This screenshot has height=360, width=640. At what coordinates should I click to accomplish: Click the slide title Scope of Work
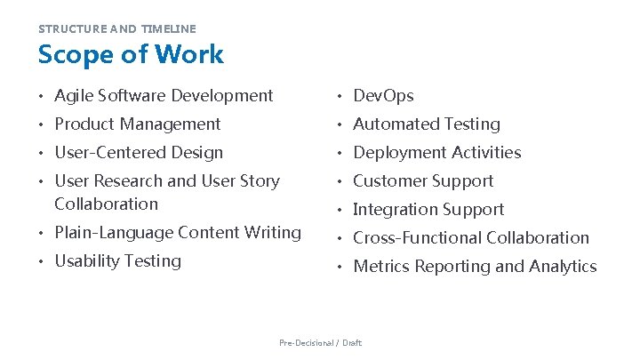point(131,54)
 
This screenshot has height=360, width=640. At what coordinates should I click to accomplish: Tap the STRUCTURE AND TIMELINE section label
point(116,28)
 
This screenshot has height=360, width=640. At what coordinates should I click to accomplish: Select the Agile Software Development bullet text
point(164,96)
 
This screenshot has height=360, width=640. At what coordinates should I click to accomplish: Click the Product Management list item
point(137,124)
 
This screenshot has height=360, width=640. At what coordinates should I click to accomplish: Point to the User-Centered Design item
point(139,153)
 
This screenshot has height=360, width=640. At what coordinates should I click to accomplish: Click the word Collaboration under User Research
point(106,204)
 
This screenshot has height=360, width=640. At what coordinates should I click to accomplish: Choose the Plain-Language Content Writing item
point(178,233)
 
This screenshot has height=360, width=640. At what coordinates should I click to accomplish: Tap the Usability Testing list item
point(117,261)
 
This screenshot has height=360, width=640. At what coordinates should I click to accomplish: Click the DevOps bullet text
point(383,96)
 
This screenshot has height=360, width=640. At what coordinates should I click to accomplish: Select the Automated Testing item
point(427,124)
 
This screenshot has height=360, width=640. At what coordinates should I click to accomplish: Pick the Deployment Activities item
point(436,153)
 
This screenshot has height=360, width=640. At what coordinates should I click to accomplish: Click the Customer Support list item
point(423,181)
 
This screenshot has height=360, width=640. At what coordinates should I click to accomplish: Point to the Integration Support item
point(428,210)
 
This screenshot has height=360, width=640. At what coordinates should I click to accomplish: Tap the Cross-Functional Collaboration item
point(471,238)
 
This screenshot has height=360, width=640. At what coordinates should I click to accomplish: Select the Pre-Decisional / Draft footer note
point(320,342)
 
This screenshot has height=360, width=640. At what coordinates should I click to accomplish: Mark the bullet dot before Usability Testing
point(41,262)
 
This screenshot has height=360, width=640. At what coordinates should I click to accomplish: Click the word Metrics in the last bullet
point(381,267)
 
